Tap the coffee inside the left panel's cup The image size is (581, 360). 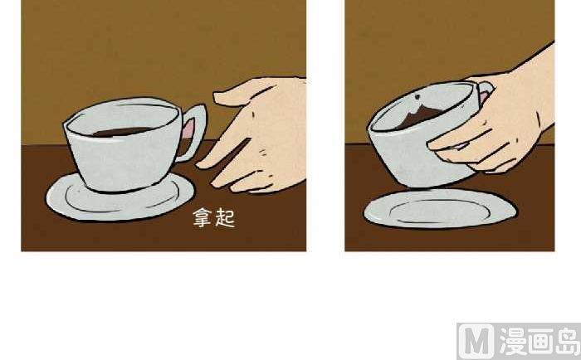(x=121, y=132)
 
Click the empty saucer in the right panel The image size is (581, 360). (x=440, y=208)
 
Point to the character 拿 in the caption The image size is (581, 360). (x=203, y=217)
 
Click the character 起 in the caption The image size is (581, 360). (x=225, y=217)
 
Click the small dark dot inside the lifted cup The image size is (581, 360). (x=417, y=97)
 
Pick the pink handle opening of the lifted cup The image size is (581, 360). (x=483, y=96)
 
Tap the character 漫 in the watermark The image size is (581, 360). (x=512, y=342)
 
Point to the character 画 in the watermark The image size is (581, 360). (x=540, y=341)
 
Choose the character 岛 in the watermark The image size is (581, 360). (x=567, y=341)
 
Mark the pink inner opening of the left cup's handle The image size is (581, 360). (x=188, y=129)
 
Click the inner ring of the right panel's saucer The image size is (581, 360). (x=440, y=212)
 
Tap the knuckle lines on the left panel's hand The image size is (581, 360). (x=264, y=152)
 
